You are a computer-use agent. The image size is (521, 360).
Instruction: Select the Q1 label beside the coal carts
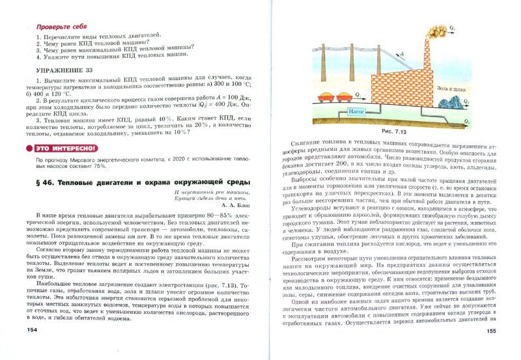[358, 95]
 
